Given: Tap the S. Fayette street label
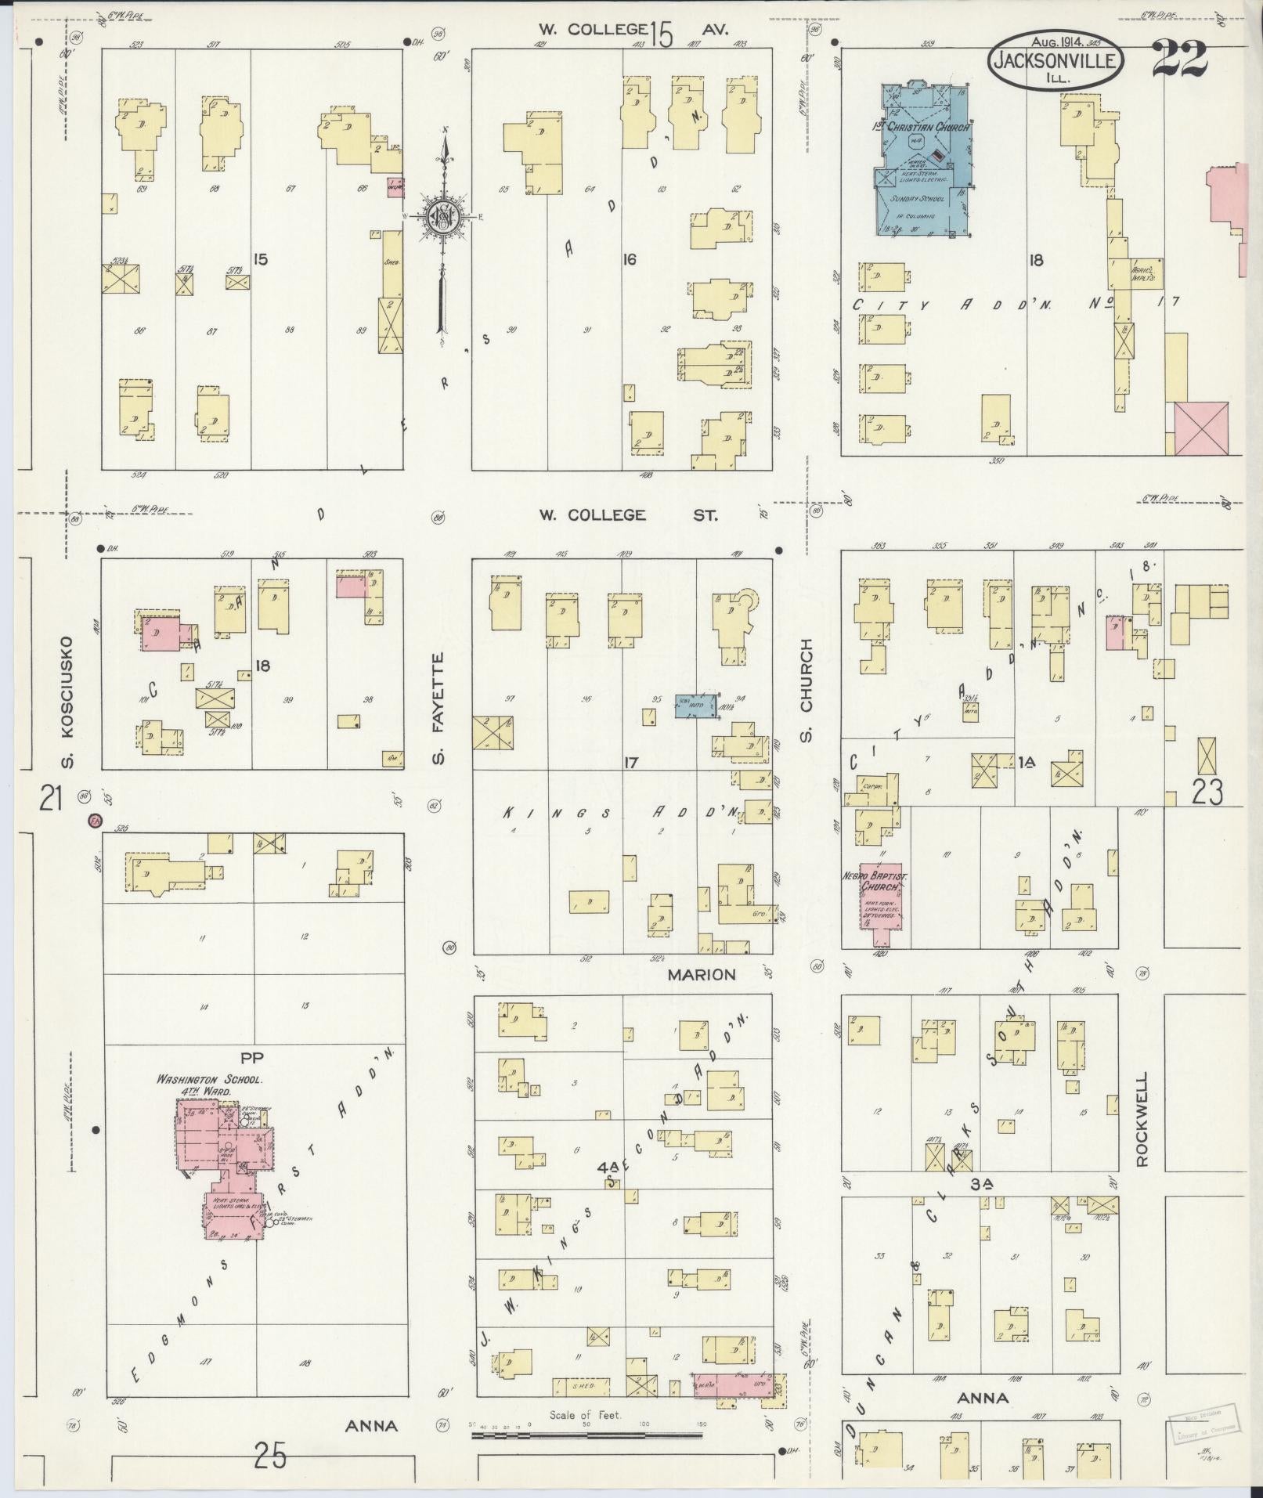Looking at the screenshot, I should tap(438, 709).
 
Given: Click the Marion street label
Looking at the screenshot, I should tap(702, 975).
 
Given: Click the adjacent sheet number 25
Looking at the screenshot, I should tap(270, 1456).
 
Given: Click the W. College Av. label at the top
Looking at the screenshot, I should tap(633, 30).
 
